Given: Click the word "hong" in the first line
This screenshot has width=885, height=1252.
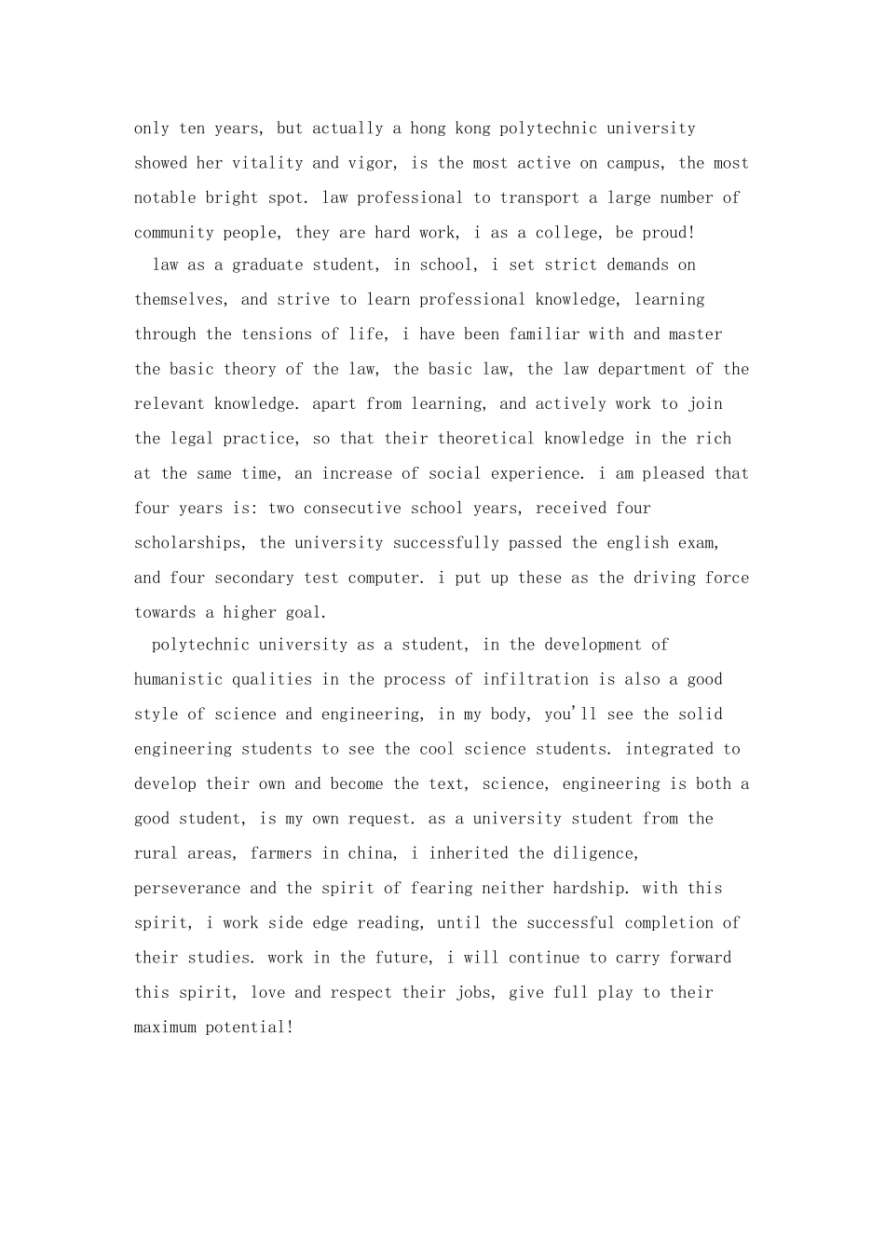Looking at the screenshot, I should coord(429,129).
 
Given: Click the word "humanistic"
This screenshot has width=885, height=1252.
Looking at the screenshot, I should coord(178,680).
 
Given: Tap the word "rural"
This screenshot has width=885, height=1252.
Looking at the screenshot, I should coord(156,853).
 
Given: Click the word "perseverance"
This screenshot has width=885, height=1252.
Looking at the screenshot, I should coord(186,889).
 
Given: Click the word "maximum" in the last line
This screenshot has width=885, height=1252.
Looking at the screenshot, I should coord(165,1027).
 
